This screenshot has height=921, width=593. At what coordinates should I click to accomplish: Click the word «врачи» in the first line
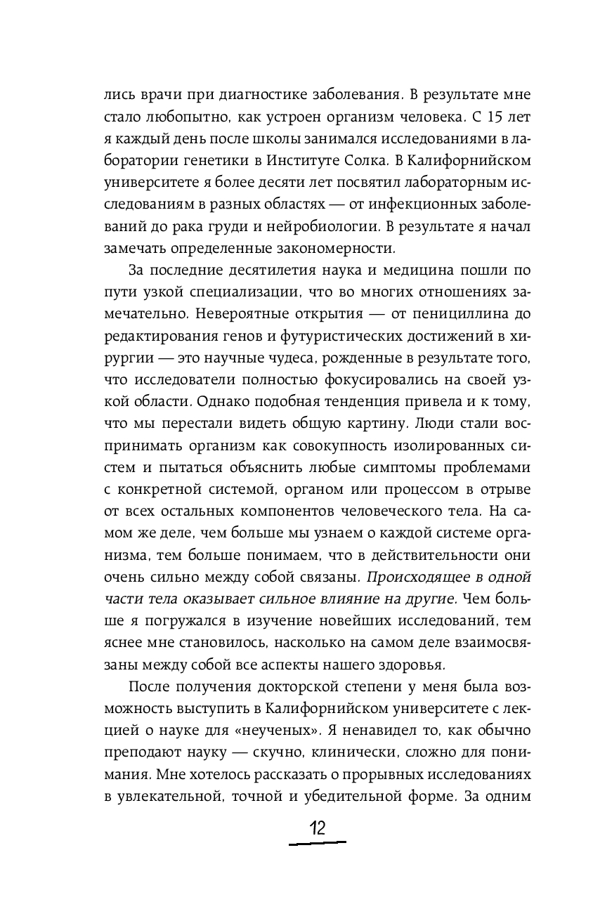click(x=151, y=93)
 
